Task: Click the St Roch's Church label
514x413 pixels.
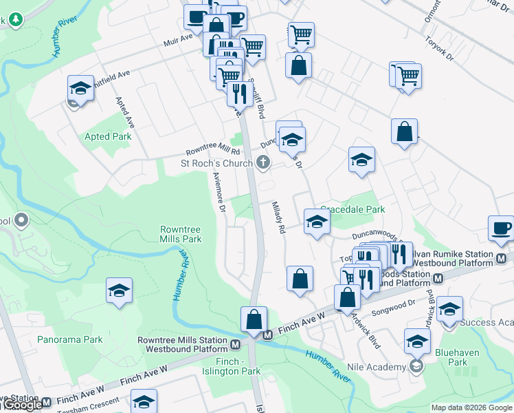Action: pos(216,164)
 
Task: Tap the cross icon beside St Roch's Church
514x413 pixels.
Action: pos(262,163)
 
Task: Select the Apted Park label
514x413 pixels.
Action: pos(107,136)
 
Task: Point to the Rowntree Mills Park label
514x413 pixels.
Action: pos(181,233)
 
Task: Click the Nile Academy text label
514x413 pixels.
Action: pos(377,367)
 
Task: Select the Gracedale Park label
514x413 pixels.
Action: pos(353,209)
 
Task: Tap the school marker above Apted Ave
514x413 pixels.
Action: pos(80,87)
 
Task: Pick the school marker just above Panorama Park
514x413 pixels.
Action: pos(119,290)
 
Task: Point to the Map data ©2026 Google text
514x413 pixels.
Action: pos(471,407)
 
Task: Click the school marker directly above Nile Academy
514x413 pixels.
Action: pos(417,340)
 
